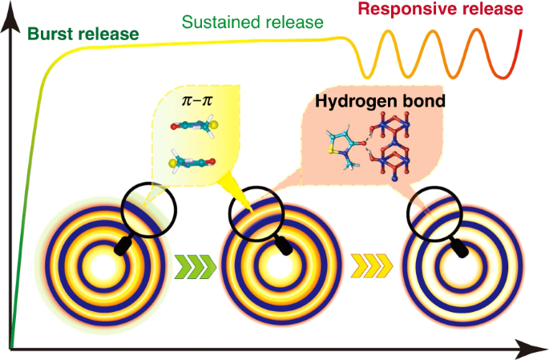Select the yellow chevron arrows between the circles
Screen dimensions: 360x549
point(371,262)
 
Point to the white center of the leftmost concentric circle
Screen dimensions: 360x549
point(102,264)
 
